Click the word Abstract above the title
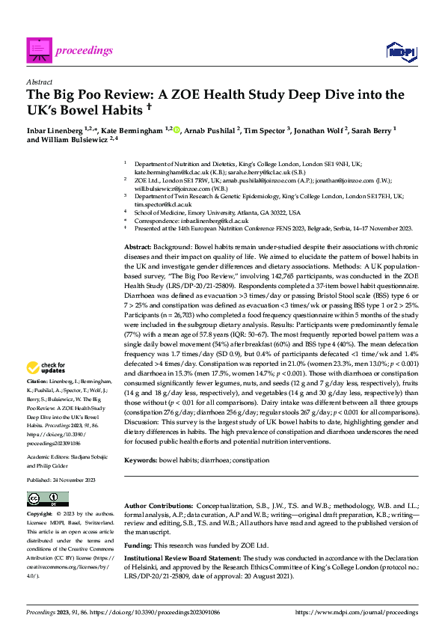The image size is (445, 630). click(39, 84)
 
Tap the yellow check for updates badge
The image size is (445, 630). click(46, 367)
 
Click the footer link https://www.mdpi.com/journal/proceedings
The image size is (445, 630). click(357, 612)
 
